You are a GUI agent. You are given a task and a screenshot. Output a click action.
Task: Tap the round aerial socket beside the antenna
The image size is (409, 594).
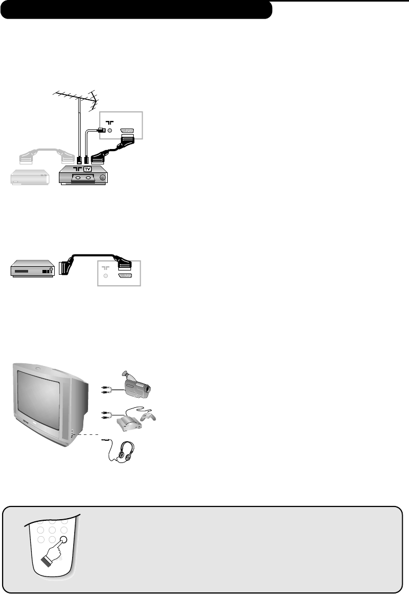[109, 131]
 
